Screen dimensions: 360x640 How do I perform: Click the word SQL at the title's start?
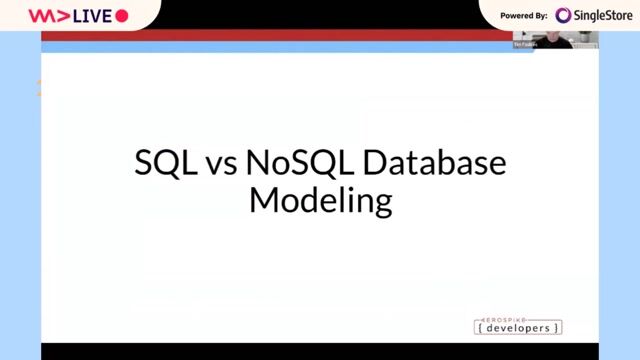click(x=164, y=164)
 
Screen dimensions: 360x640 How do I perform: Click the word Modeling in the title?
click(x=320, y=200)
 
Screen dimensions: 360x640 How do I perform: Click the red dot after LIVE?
click(x=122, y=16)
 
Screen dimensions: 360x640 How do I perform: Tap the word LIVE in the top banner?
click(x=90, y=16)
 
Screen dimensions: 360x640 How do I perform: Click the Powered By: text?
click(x=524, y=16)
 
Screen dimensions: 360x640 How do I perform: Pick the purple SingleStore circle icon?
click(x=564, y=15)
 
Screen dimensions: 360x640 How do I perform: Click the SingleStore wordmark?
click(x=603, y=15)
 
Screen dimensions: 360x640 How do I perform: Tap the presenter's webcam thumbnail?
click(x=555, y=40)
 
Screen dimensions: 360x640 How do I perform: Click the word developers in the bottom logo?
click(x=517, y=328)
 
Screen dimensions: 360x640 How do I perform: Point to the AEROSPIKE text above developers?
click(x=517, y=317)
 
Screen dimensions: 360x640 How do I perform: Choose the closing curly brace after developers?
click(x=558, y=328)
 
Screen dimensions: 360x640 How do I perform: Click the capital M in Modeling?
click(x=263, y=200)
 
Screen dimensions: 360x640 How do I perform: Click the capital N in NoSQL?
click(x=256, y=164)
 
